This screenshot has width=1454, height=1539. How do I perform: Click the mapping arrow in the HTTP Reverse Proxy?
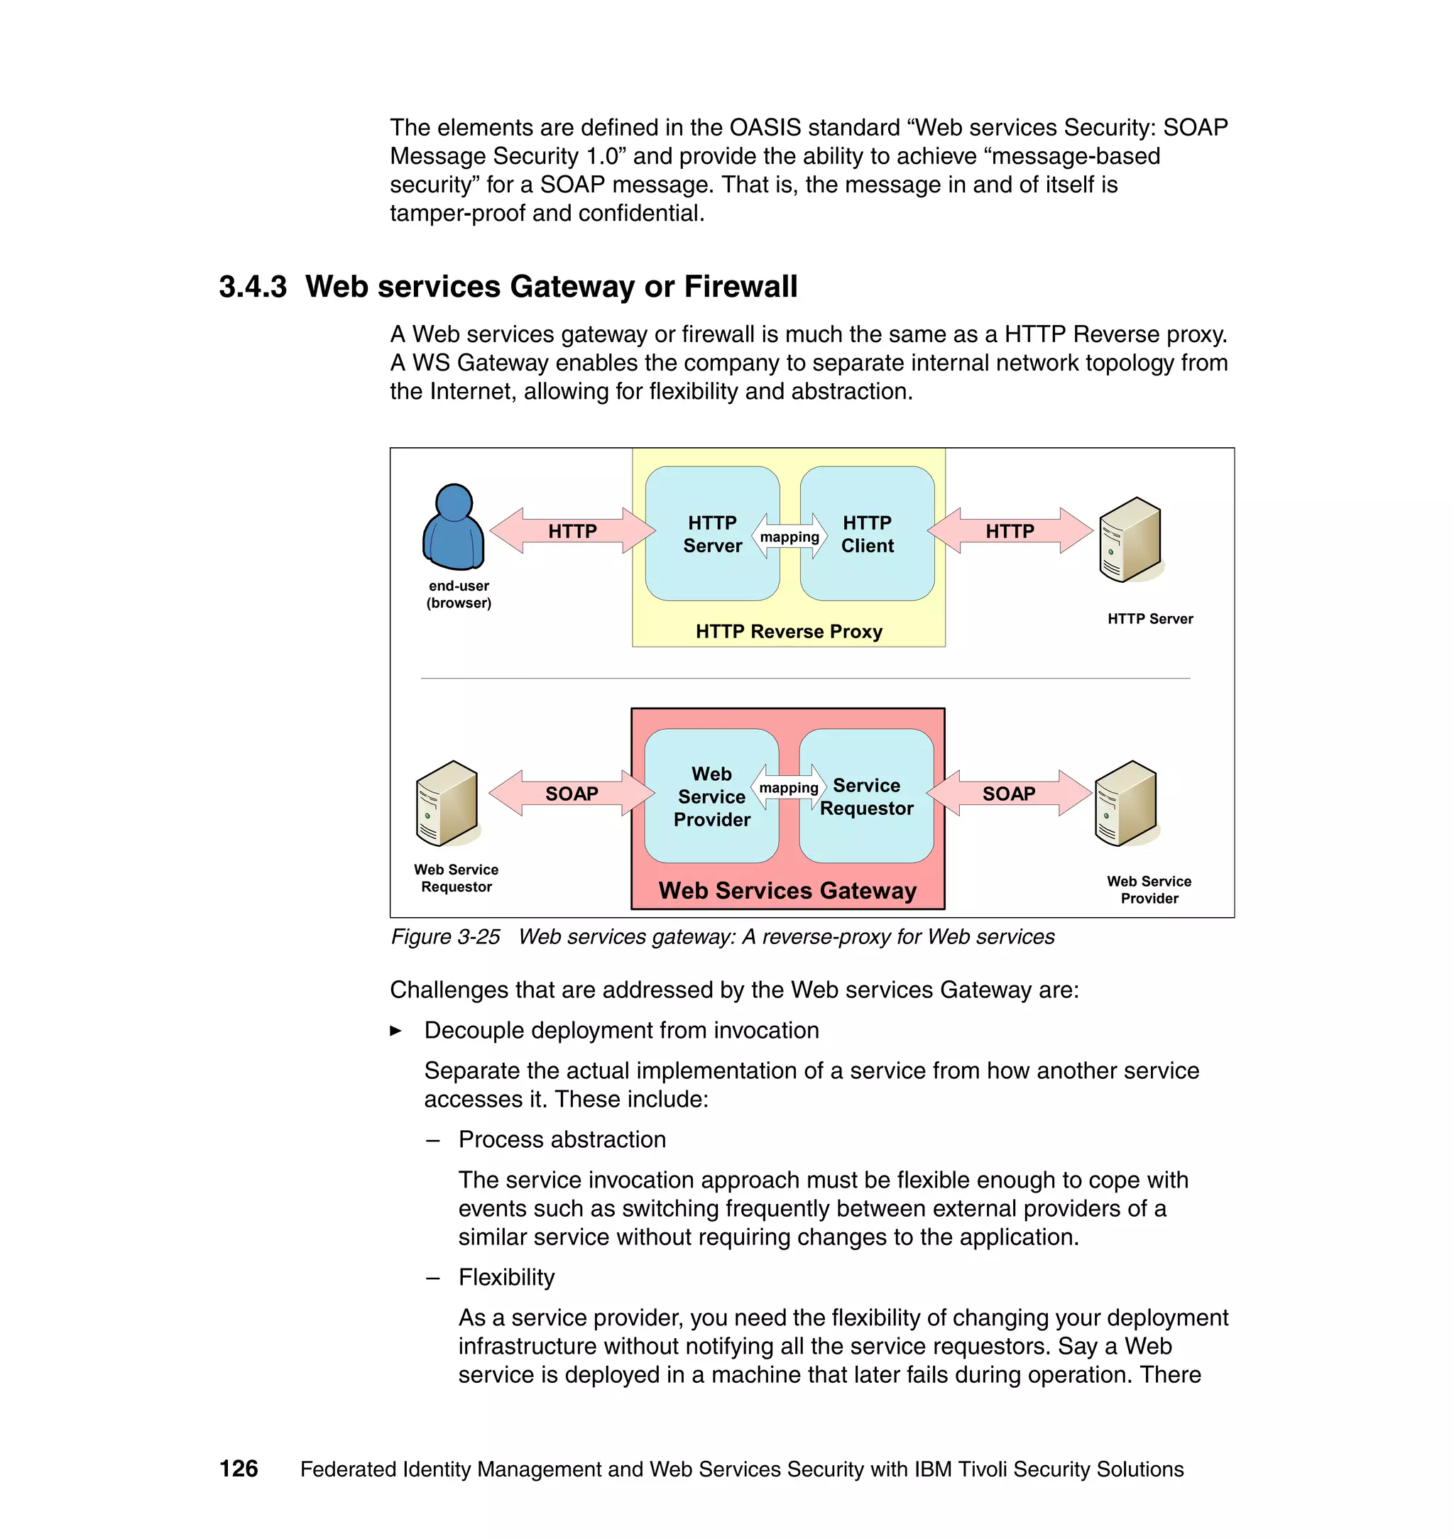tap(789, 536)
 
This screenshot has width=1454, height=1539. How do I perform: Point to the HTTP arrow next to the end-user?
tap(572, 531)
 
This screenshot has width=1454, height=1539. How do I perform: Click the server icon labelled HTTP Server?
tap(1130, 540)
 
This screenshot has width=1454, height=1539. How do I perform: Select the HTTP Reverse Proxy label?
tap(788, 631)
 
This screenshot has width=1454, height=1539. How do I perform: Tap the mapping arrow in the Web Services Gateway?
tap(788, 787)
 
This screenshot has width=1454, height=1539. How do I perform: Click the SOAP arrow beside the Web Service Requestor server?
tap(572, 794)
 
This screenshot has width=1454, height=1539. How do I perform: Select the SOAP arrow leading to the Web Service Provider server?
tap(1008, 794)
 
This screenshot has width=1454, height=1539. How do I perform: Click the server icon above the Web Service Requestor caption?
tap(447, 804)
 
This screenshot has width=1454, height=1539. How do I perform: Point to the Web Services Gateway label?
tap(787, 890)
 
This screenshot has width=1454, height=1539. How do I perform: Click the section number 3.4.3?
tap(253, 287)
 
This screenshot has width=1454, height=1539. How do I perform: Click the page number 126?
tap(239, 1469)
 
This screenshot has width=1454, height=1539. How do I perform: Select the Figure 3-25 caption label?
tap(446, 937)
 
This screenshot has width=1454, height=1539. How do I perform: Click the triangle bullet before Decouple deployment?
tap(396, 1031)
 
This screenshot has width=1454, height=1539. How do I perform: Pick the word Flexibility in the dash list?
tap(506, 1277)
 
